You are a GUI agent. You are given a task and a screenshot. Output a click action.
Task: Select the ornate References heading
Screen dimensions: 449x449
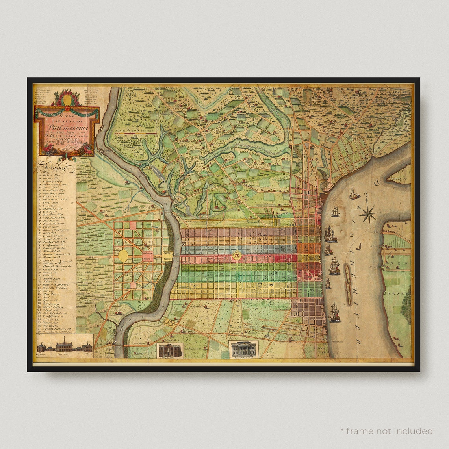[x=57, y=168]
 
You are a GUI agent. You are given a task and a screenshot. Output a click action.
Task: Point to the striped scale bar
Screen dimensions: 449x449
[x=136, y=134]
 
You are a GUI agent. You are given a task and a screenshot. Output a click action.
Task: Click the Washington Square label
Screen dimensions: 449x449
[x=148, y=256]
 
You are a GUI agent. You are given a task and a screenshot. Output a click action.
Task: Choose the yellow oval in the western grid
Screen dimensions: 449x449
[x=123, y=256]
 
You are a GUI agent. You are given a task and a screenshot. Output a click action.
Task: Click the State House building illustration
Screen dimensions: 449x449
[x=64, y=347]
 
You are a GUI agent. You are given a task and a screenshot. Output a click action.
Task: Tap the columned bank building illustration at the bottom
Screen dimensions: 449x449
[x=244, y=349]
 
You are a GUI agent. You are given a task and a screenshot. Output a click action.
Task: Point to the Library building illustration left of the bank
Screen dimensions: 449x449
[x=170, y=350]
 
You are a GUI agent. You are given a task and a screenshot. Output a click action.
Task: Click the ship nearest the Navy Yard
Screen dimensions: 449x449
[x=334, y=313]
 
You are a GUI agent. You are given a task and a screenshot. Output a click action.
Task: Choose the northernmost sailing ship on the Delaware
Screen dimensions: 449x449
[x=353, y=194]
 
